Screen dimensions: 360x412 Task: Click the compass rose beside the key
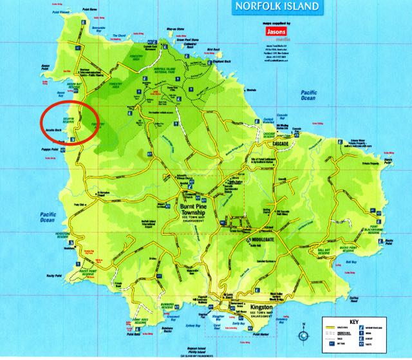point(303,336)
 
